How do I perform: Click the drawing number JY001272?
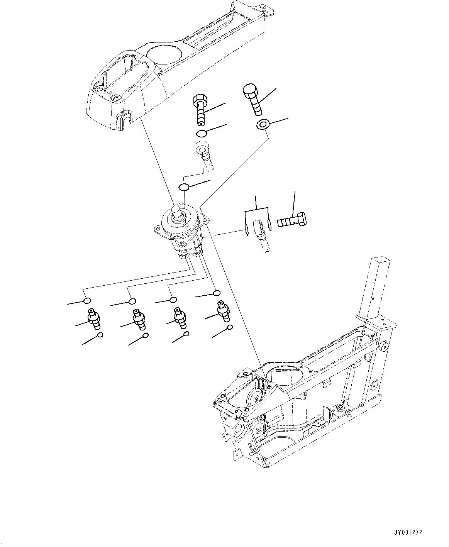pos(408,532)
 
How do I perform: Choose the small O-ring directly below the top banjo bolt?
pos(201,134)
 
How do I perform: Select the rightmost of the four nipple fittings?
pos(223,311)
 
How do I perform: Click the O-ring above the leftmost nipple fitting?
pos(87,301)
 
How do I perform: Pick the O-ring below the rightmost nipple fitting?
pos(230,327)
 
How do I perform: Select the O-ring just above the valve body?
pos(184,187)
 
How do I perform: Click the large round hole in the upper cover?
pos(163,53)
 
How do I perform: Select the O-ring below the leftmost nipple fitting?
pos(100,335)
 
